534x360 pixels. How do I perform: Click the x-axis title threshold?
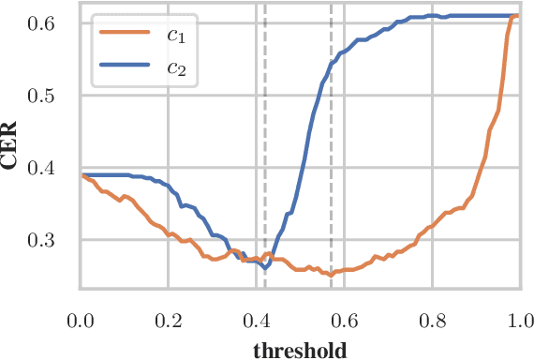click(x=300, y=351)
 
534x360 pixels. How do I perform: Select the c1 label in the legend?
click(x=175, y=36)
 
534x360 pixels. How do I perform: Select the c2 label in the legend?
click(x=175, y=67)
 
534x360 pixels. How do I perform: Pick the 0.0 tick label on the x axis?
click(x=81, y=320)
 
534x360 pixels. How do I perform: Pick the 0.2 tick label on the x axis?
click(x=169, y=320)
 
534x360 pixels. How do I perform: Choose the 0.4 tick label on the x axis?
click(x=256, y=320)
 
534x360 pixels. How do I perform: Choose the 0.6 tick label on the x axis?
click(x=344, y=320)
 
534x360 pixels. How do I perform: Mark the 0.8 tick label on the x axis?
click(x=432, y=320)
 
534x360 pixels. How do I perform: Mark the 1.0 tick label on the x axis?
click(x=519, y=320)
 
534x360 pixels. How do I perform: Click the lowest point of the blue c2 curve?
click(x=265, y=268)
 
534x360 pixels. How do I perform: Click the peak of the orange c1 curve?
click(x=517, y=15)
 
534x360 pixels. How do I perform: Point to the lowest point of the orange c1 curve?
click(x=331, y=275)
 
